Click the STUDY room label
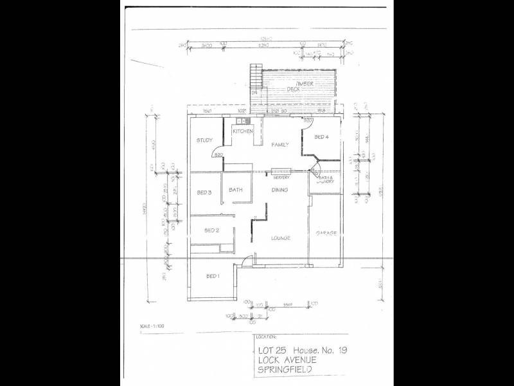tap(204, 140)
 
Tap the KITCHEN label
tap(242, 131)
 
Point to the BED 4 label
tap(321, 137)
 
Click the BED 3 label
tap(204, 192)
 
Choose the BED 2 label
tap(211, 230)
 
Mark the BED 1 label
tap(213, 276)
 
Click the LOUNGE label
tap(280, 238)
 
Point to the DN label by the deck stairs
tap(254, 94)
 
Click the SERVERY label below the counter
tap(281, 178)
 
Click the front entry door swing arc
tap(252, 259)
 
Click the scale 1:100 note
tap(152, 327)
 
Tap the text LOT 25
tap(272, 351)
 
